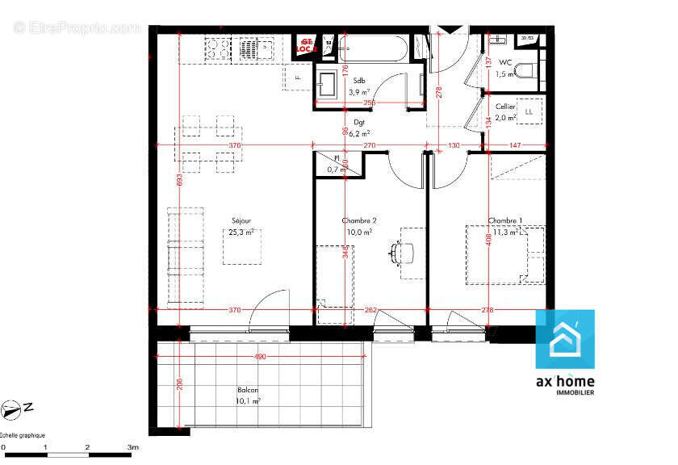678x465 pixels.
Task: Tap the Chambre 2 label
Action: click(359, 220)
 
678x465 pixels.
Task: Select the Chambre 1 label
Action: click(504, 220)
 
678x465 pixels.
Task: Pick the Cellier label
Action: click(505, 106)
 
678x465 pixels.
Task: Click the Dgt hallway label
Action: click(359, 123)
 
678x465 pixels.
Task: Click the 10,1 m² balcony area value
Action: click(248, 400)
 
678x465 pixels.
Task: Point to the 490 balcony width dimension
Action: click(260, 356)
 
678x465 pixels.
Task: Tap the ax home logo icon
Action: click(565, 340)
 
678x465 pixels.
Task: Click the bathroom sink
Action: click(329, 84)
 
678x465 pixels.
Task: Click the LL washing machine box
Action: click(529, 111)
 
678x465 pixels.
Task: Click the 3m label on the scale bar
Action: click(132, 446)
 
